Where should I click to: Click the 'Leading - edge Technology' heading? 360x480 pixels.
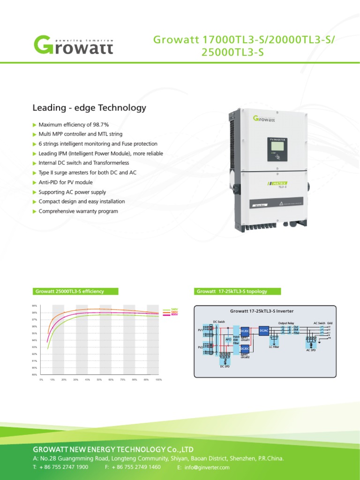(89, 108)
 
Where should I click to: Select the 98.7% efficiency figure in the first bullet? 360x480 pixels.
(100, 125)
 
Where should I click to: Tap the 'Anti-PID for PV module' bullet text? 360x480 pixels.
(66, 182)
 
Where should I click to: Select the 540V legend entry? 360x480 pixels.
(174, 309)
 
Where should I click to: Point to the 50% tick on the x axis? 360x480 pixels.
(99, 379)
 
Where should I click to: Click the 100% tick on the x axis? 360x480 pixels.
(158, 379)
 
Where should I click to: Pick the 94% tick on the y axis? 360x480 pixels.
(34, 340)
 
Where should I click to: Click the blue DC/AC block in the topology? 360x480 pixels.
(263, 331)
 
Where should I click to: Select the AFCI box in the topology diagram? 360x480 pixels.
(229, 338)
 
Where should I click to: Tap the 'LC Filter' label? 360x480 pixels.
(274, 347)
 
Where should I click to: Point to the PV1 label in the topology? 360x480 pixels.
(199, 330)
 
